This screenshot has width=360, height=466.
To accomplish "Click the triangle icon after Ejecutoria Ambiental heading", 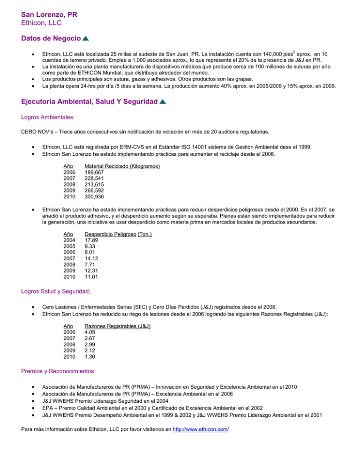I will (162, 102).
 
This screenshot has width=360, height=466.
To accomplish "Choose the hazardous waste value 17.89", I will (91, 240).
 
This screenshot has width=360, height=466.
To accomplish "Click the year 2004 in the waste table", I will (70, 240).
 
